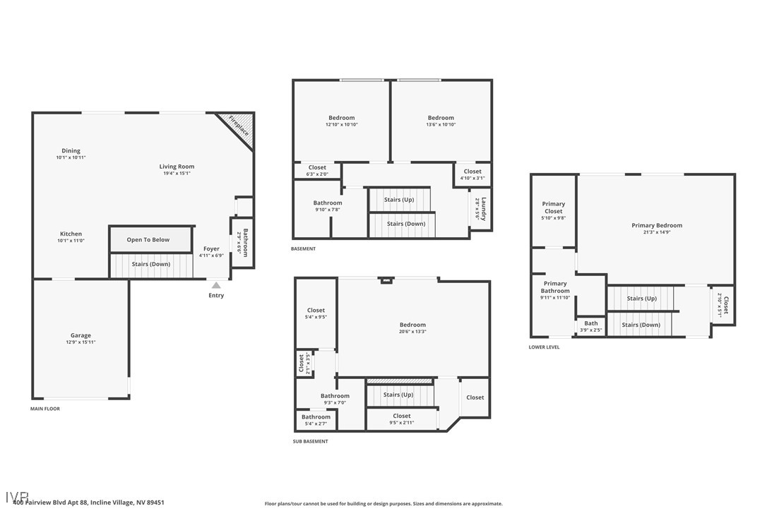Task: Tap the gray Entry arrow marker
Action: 216,285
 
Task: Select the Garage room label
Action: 81,336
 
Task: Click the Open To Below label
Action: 148,240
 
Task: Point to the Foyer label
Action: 211,249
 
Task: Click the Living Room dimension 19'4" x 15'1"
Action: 177,173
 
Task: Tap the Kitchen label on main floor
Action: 71,234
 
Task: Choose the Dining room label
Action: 71,150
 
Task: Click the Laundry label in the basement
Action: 483,209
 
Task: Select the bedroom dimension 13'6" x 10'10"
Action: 441,125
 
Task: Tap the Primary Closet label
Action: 554,208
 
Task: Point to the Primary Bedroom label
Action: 657,225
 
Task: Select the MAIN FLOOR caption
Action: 45,409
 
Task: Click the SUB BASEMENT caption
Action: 310,441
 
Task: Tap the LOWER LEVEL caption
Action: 544,347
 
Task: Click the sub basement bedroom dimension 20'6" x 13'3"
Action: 412,332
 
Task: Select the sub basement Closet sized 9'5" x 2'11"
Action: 402,423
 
